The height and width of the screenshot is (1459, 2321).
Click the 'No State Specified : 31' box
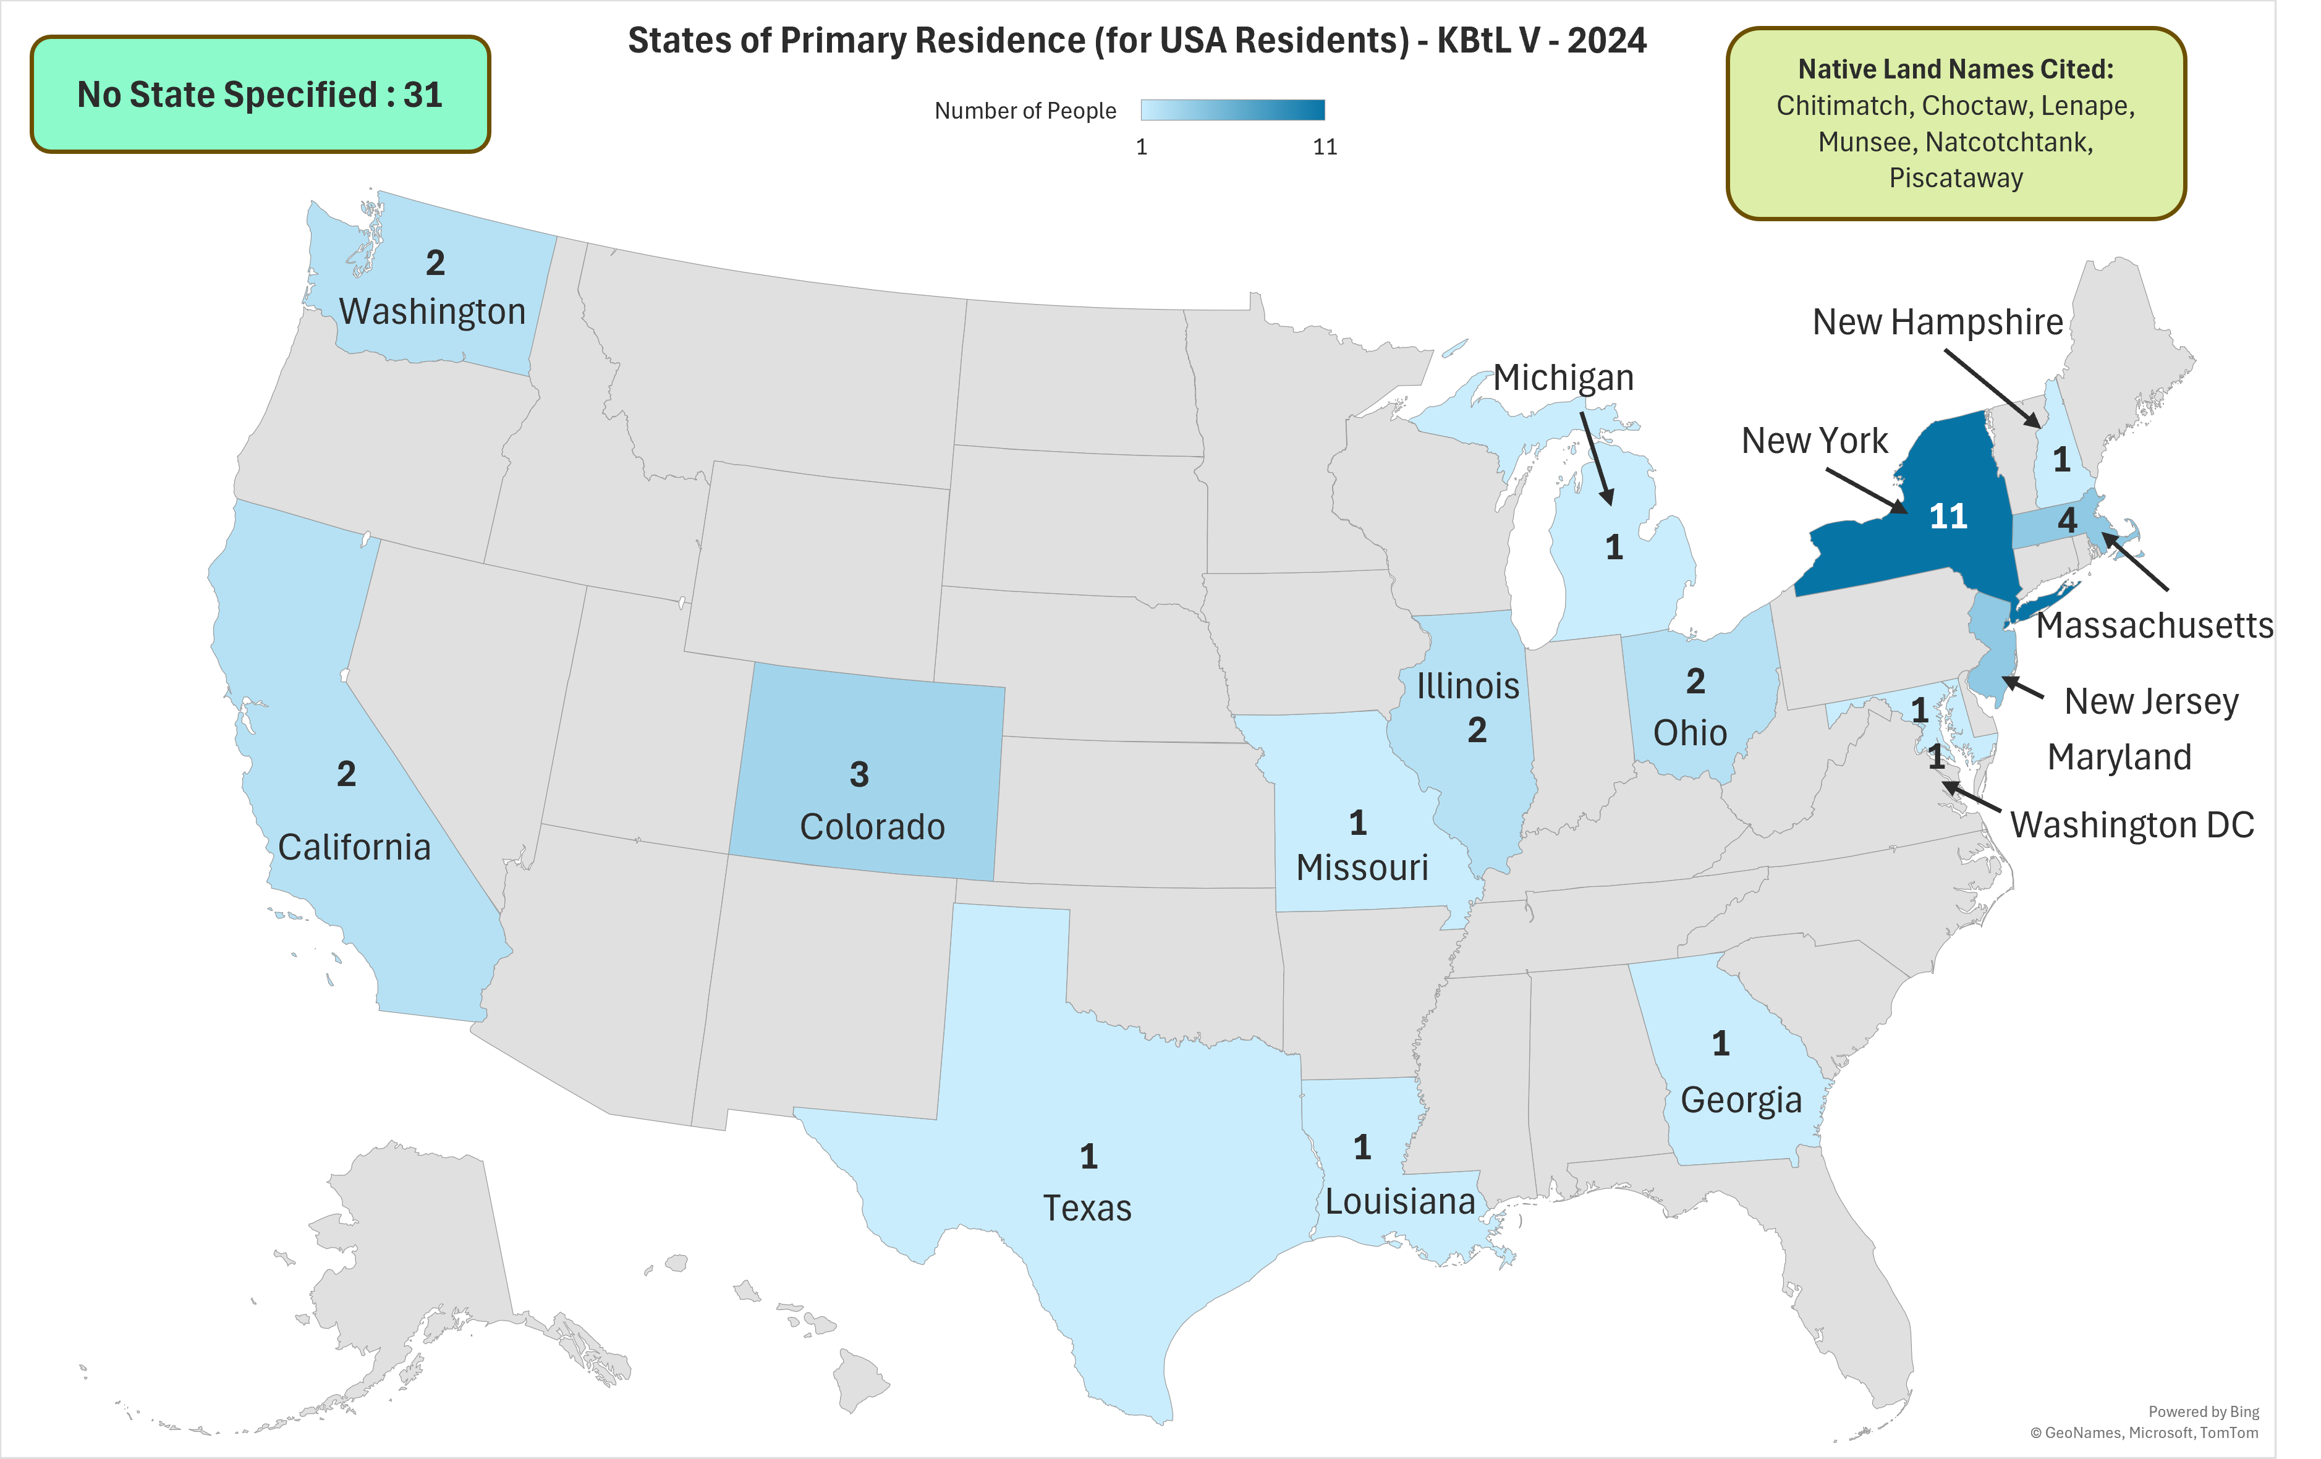click(260, 95)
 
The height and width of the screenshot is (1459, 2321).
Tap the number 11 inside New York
click(1948, 517)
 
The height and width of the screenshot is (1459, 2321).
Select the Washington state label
click(432, 311)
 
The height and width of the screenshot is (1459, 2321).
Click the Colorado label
click(872, 827)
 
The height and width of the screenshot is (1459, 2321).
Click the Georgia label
click(1741, 1099)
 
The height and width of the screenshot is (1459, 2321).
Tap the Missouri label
click(1361, 868)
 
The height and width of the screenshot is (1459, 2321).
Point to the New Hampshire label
click(1937, 322)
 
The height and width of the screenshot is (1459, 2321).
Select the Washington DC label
click(2131, 825)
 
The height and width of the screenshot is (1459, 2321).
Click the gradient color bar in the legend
click(1232, 110)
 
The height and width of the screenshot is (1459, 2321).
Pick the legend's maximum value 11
click(1325, 146)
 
